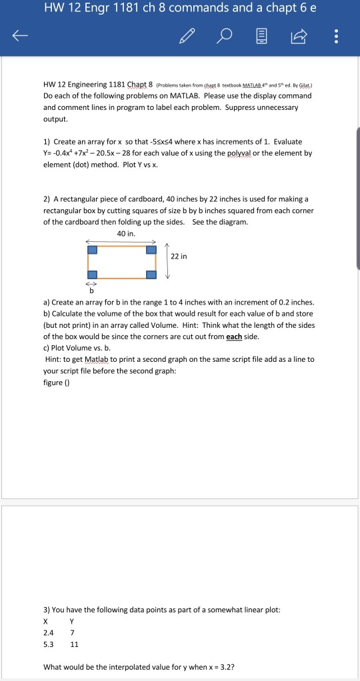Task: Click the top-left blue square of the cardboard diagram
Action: coord(93,250)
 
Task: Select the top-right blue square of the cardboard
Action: coord(152,250)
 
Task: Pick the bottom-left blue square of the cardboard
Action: coord(93,275)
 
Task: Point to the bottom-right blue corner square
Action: coord(152,275)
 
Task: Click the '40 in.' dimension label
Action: coord(126,233)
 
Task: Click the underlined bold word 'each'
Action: coord(234,337)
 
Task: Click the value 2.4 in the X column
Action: coord(49,632)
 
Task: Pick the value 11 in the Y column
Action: coord(75,644)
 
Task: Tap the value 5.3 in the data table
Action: coord(49,644)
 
